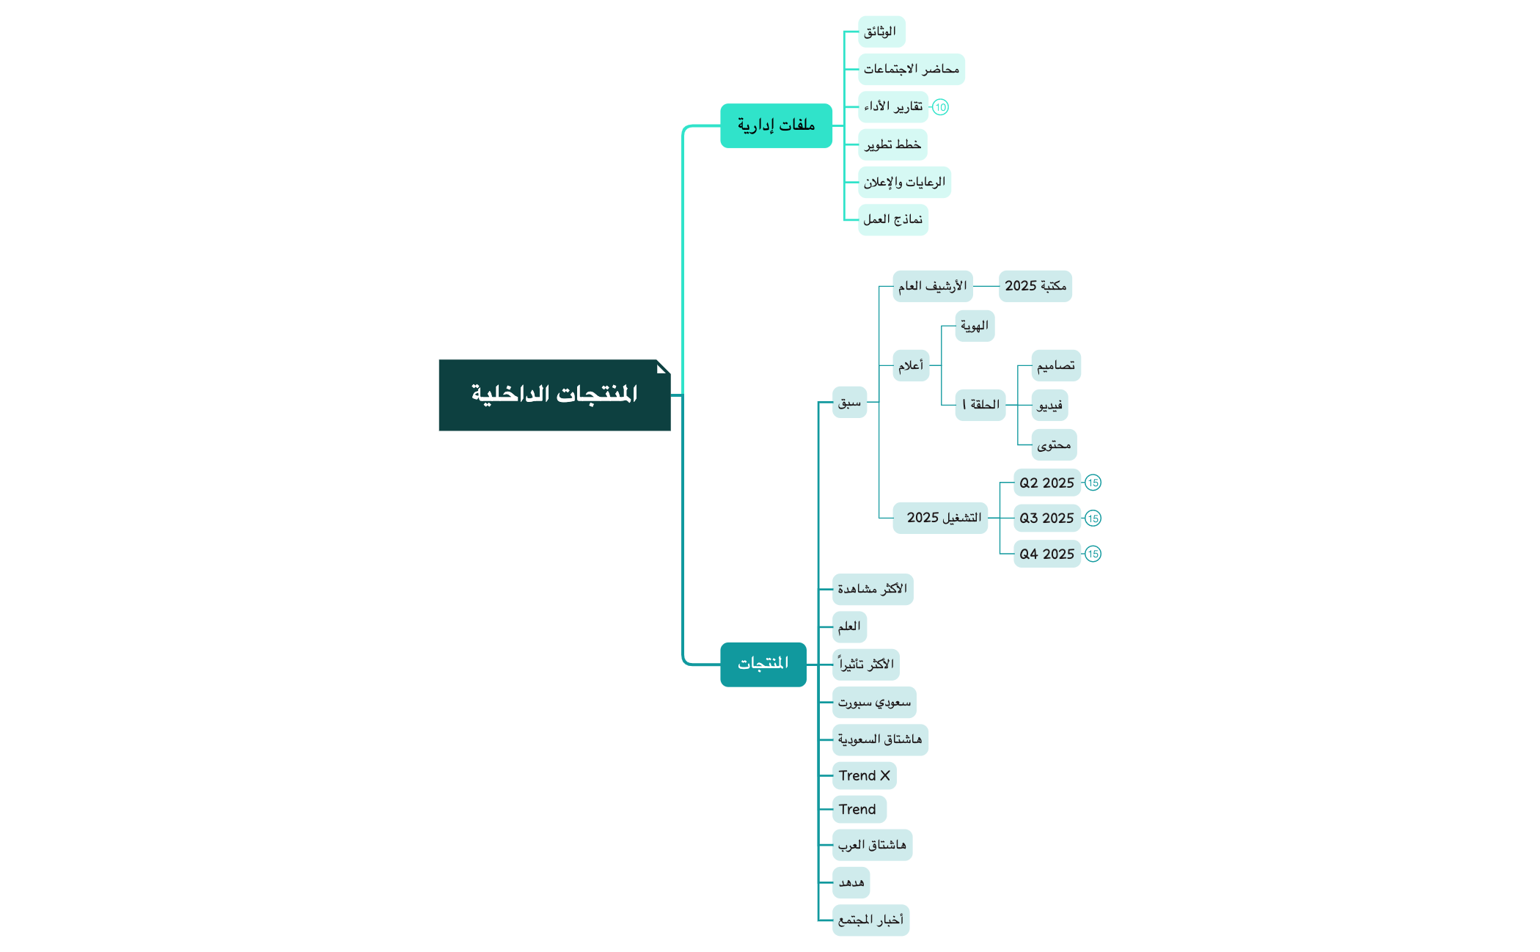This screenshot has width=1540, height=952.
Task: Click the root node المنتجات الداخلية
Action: (554, 395)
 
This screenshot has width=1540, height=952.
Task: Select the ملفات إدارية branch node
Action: (776, 125)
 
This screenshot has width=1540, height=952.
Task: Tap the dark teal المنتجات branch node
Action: (763, 664)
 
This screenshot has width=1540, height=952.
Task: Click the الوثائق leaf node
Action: (881, 32)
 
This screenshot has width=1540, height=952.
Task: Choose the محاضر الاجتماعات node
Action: (911, 69)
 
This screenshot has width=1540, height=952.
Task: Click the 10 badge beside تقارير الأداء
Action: (940, 107)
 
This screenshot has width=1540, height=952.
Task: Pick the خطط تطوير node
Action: (892, 144)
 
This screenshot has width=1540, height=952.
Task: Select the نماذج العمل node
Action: (892, 219)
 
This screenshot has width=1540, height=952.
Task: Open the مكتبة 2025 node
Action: (1035, 286)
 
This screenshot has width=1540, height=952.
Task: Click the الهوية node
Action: (975, 326)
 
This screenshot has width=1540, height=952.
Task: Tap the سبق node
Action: (849, 402)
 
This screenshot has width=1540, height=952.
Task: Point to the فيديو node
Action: (1049, 405)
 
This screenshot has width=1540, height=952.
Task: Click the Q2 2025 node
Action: (1046, 483)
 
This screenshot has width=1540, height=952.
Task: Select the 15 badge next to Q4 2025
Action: (1093, 554)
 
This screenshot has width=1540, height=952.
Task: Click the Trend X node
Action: (864, 775)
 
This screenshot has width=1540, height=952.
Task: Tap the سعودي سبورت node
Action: (874, 703)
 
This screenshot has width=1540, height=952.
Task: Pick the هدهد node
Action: (851, 882)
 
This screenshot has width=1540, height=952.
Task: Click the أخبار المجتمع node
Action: (870, 920)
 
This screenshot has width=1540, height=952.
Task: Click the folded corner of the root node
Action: (663, 367)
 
